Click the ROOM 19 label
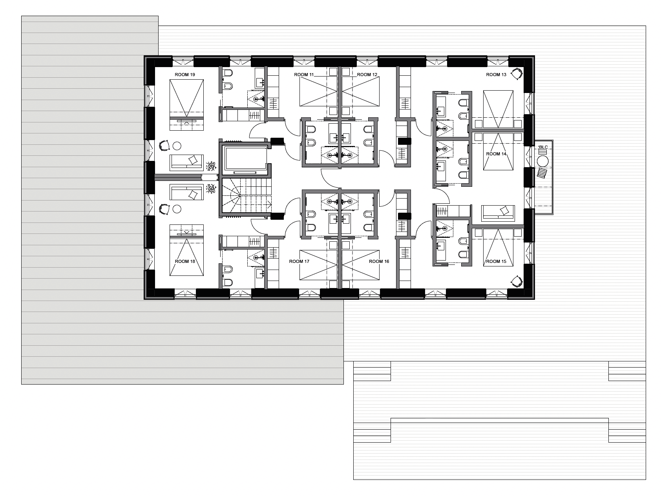[184, 75]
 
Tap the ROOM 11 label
[304, 75]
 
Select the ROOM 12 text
[367, 75]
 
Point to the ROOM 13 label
[496, 75]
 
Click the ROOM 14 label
[496, 154]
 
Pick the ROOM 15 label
[496, 261]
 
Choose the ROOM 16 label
[379, 261]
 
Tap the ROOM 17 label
[299, 261]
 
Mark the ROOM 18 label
[185, 261]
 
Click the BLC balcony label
[543, 147]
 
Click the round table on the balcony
[543, 161]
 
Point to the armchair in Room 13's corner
[518, 74]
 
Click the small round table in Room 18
[177, 209]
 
